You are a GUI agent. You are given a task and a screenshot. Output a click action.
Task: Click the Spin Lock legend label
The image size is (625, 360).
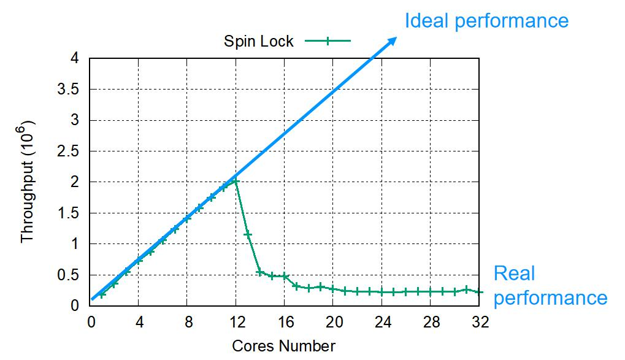[258, 42]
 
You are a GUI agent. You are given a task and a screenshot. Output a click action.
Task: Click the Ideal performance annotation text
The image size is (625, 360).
[486, 21]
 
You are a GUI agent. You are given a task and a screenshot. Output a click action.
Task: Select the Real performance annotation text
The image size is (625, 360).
[550, 286]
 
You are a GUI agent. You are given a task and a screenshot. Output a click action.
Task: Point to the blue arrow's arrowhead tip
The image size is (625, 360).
[396, 37]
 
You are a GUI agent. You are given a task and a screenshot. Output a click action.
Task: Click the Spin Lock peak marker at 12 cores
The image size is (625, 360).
[236, 182]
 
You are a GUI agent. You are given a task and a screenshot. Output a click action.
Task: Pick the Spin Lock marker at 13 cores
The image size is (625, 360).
[248, 234]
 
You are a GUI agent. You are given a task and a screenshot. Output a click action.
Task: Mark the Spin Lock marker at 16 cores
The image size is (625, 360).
[285, 276]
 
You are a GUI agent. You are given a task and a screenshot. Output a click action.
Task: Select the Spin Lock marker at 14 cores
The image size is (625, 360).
[260, 272]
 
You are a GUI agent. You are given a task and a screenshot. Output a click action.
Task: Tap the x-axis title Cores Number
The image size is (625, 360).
[283, 346]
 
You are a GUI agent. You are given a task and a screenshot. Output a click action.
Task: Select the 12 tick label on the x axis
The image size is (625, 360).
[236, 321]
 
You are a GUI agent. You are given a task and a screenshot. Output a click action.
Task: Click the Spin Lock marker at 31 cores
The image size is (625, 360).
[467, 289]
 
